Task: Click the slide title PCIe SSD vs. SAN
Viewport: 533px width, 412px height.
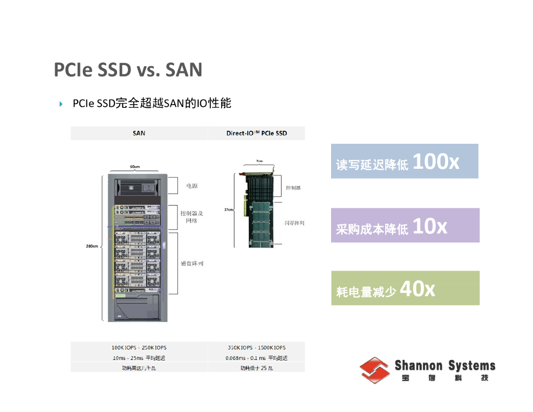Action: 128,70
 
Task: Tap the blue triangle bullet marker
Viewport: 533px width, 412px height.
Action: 61,104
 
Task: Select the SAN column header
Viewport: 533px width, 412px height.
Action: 139,133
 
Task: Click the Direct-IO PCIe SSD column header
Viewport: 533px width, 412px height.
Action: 256,133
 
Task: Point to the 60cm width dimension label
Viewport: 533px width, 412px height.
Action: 135,167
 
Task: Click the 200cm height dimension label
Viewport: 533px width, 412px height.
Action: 92,246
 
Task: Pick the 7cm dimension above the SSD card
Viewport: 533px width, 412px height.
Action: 259,161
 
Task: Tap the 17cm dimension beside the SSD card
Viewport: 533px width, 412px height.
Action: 228,209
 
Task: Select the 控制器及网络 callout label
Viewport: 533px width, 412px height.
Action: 192,217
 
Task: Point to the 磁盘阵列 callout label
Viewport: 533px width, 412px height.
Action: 192,264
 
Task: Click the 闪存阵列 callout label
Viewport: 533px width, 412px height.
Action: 294,223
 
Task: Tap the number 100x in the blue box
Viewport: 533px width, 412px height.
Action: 436,162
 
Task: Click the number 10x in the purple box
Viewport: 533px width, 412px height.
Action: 429,227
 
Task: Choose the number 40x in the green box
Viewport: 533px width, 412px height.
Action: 417,289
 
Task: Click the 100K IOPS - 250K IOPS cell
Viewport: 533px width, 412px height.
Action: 139,347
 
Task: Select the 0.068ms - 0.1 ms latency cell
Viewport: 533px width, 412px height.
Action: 256,358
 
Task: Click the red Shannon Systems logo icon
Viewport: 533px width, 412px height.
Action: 375,369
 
